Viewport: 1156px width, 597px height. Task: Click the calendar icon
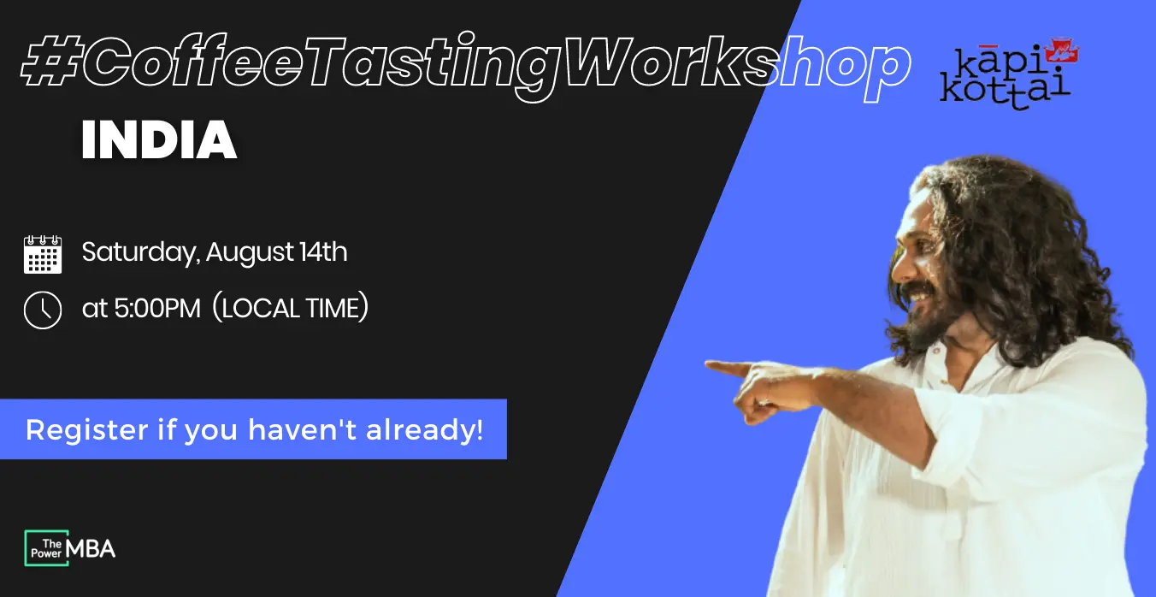coord(43,253)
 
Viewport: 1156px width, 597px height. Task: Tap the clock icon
coord(43,310)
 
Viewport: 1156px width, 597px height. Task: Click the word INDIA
coord(159,139)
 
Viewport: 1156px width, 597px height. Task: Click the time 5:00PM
coord(156,308)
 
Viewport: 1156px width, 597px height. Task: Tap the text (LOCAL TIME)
coord(291,308)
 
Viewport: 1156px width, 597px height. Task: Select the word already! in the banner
coord(425,429)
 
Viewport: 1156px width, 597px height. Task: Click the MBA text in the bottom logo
coord(91,548)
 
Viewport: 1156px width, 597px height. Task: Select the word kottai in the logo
coord(1005,92)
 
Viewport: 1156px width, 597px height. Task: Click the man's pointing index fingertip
coord(708,364)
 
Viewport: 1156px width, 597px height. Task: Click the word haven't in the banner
coord(303,429)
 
